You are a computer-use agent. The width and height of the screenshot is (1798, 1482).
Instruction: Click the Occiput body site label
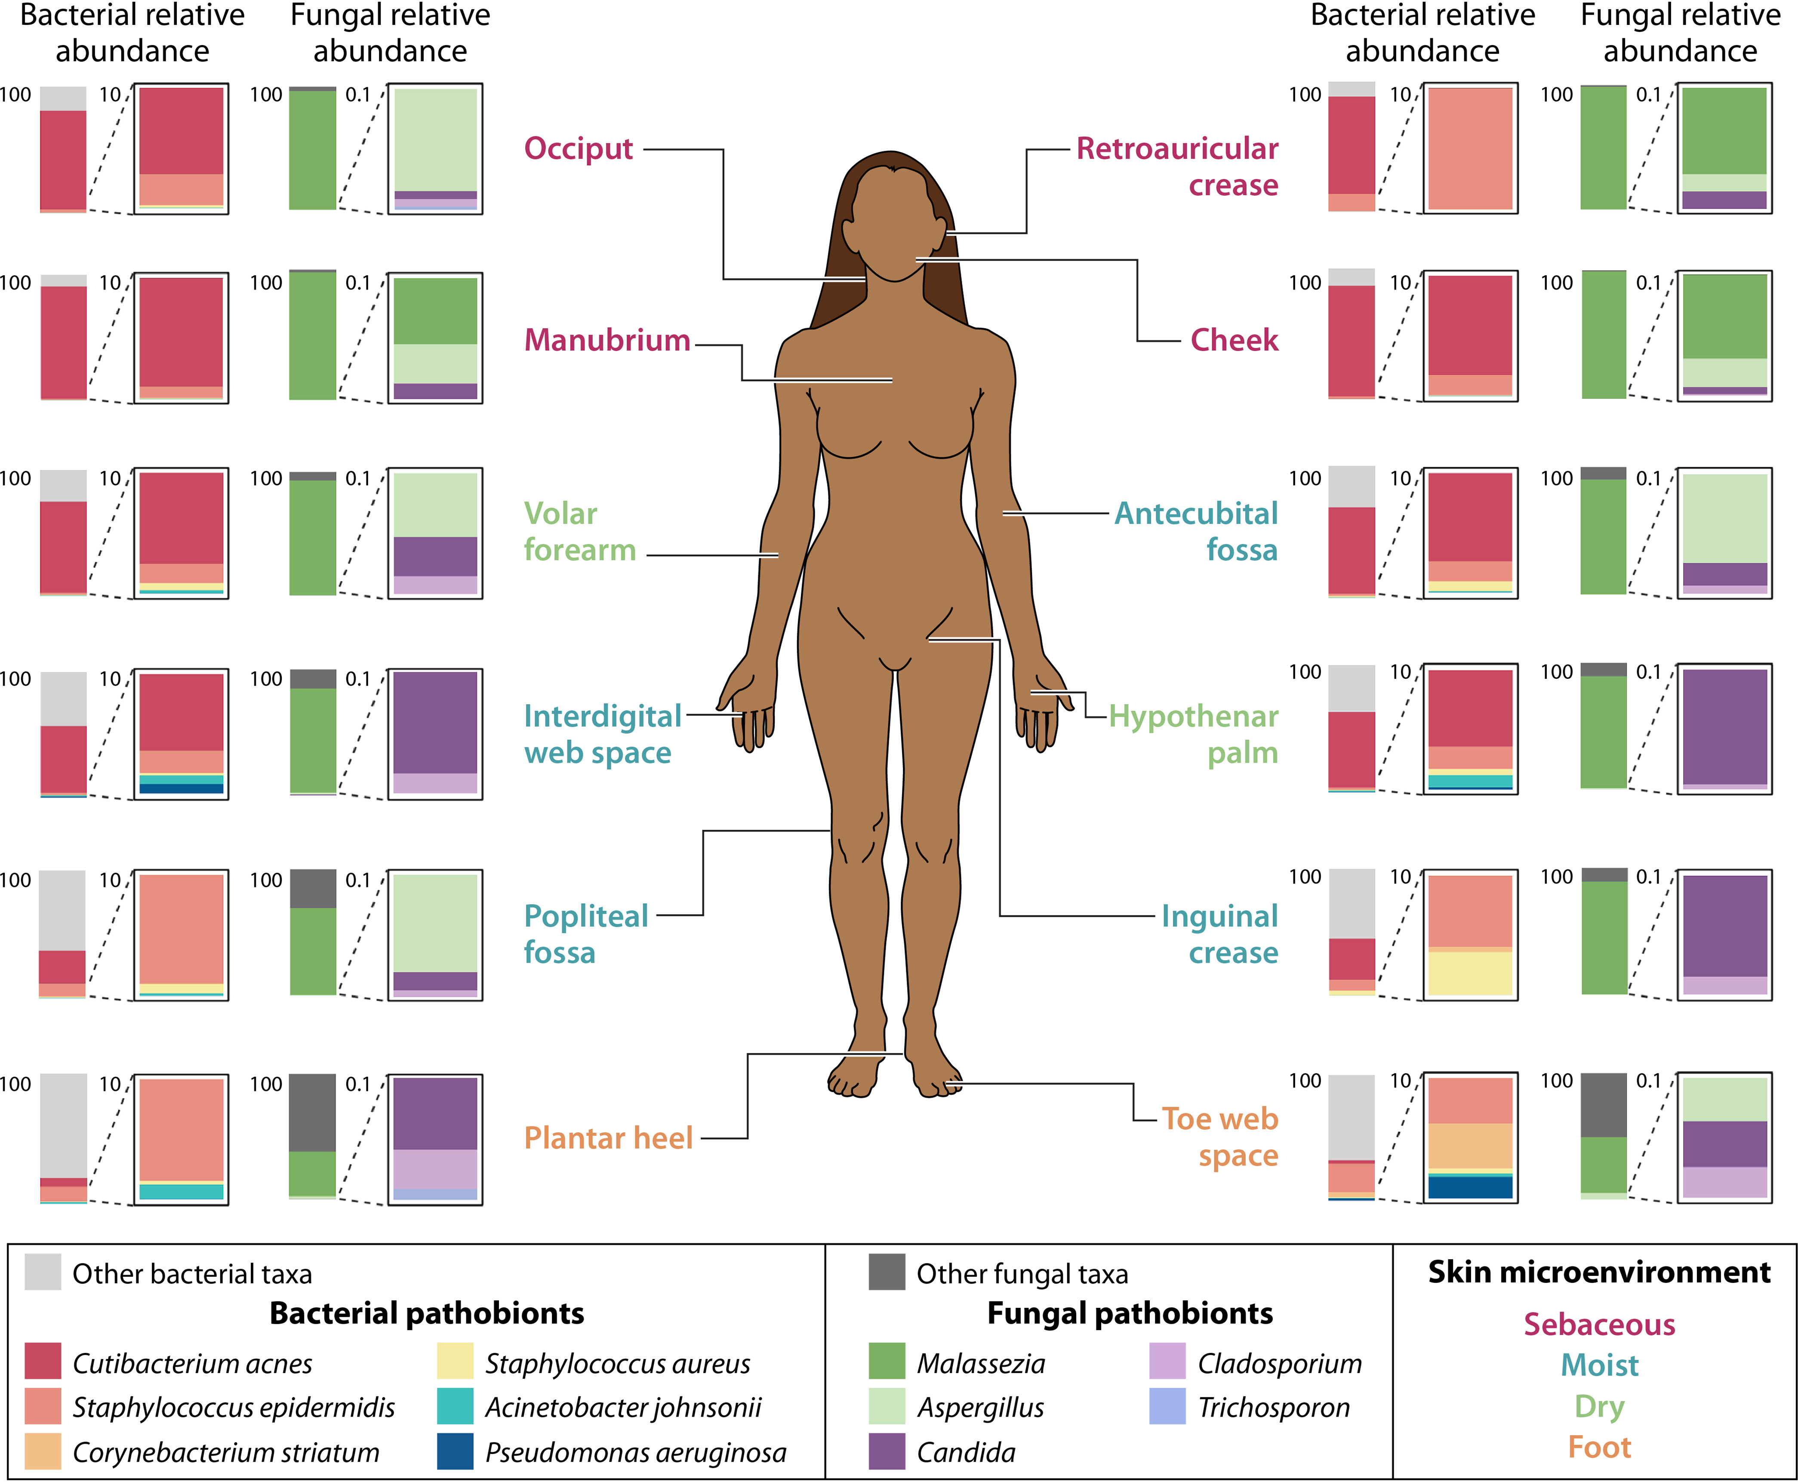point(578,148)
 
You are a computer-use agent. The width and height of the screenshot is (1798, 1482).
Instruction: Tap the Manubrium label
point(607,340)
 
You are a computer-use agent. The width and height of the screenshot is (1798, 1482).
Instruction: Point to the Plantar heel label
point(608,1138)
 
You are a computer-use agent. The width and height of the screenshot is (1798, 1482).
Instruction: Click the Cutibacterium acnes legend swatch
point(43,1361)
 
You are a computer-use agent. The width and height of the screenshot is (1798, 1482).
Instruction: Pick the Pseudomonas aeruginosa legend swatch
point(455,1451)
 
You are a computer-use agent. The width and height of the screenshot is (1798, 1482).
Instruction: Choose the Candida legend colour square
point(886,1451)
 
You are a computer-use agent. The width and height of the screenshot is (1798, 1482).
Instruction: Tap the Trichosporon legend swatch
point(1167,1406)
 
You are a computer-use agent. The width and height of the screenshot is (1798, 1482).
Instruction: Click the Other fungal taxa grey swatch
point(886,1272)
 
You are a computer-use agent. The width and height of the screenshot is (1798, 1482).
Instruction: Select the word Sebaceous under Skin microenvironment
point(1599,1324)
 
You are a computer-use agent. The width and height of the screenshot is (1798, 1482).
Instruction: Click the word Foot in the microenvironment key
point(1599,1447)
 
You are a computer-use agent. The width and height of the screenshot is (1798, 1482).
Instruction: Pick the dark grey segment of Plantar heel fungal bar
point(312,1112)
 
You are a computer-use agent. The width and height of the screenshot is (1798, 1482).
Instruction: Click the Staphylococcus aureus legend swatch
point(455,1361)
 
